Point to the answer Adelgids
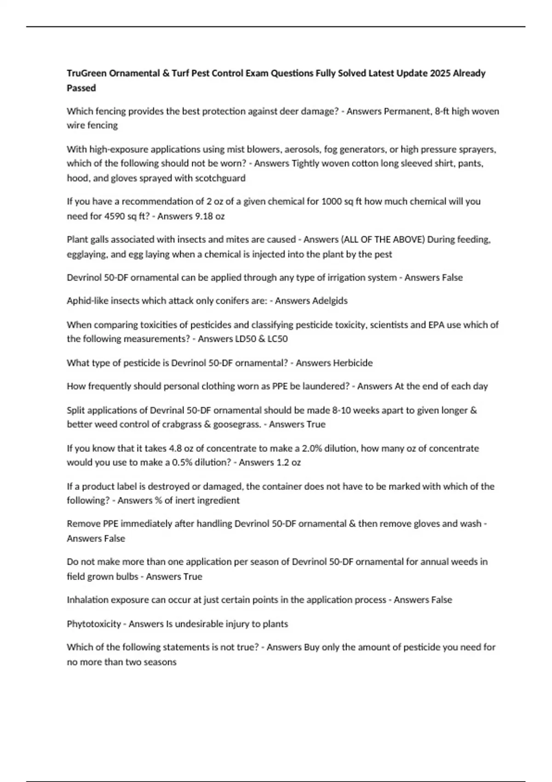click(330, 301)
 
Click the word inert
click(185, 500)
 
